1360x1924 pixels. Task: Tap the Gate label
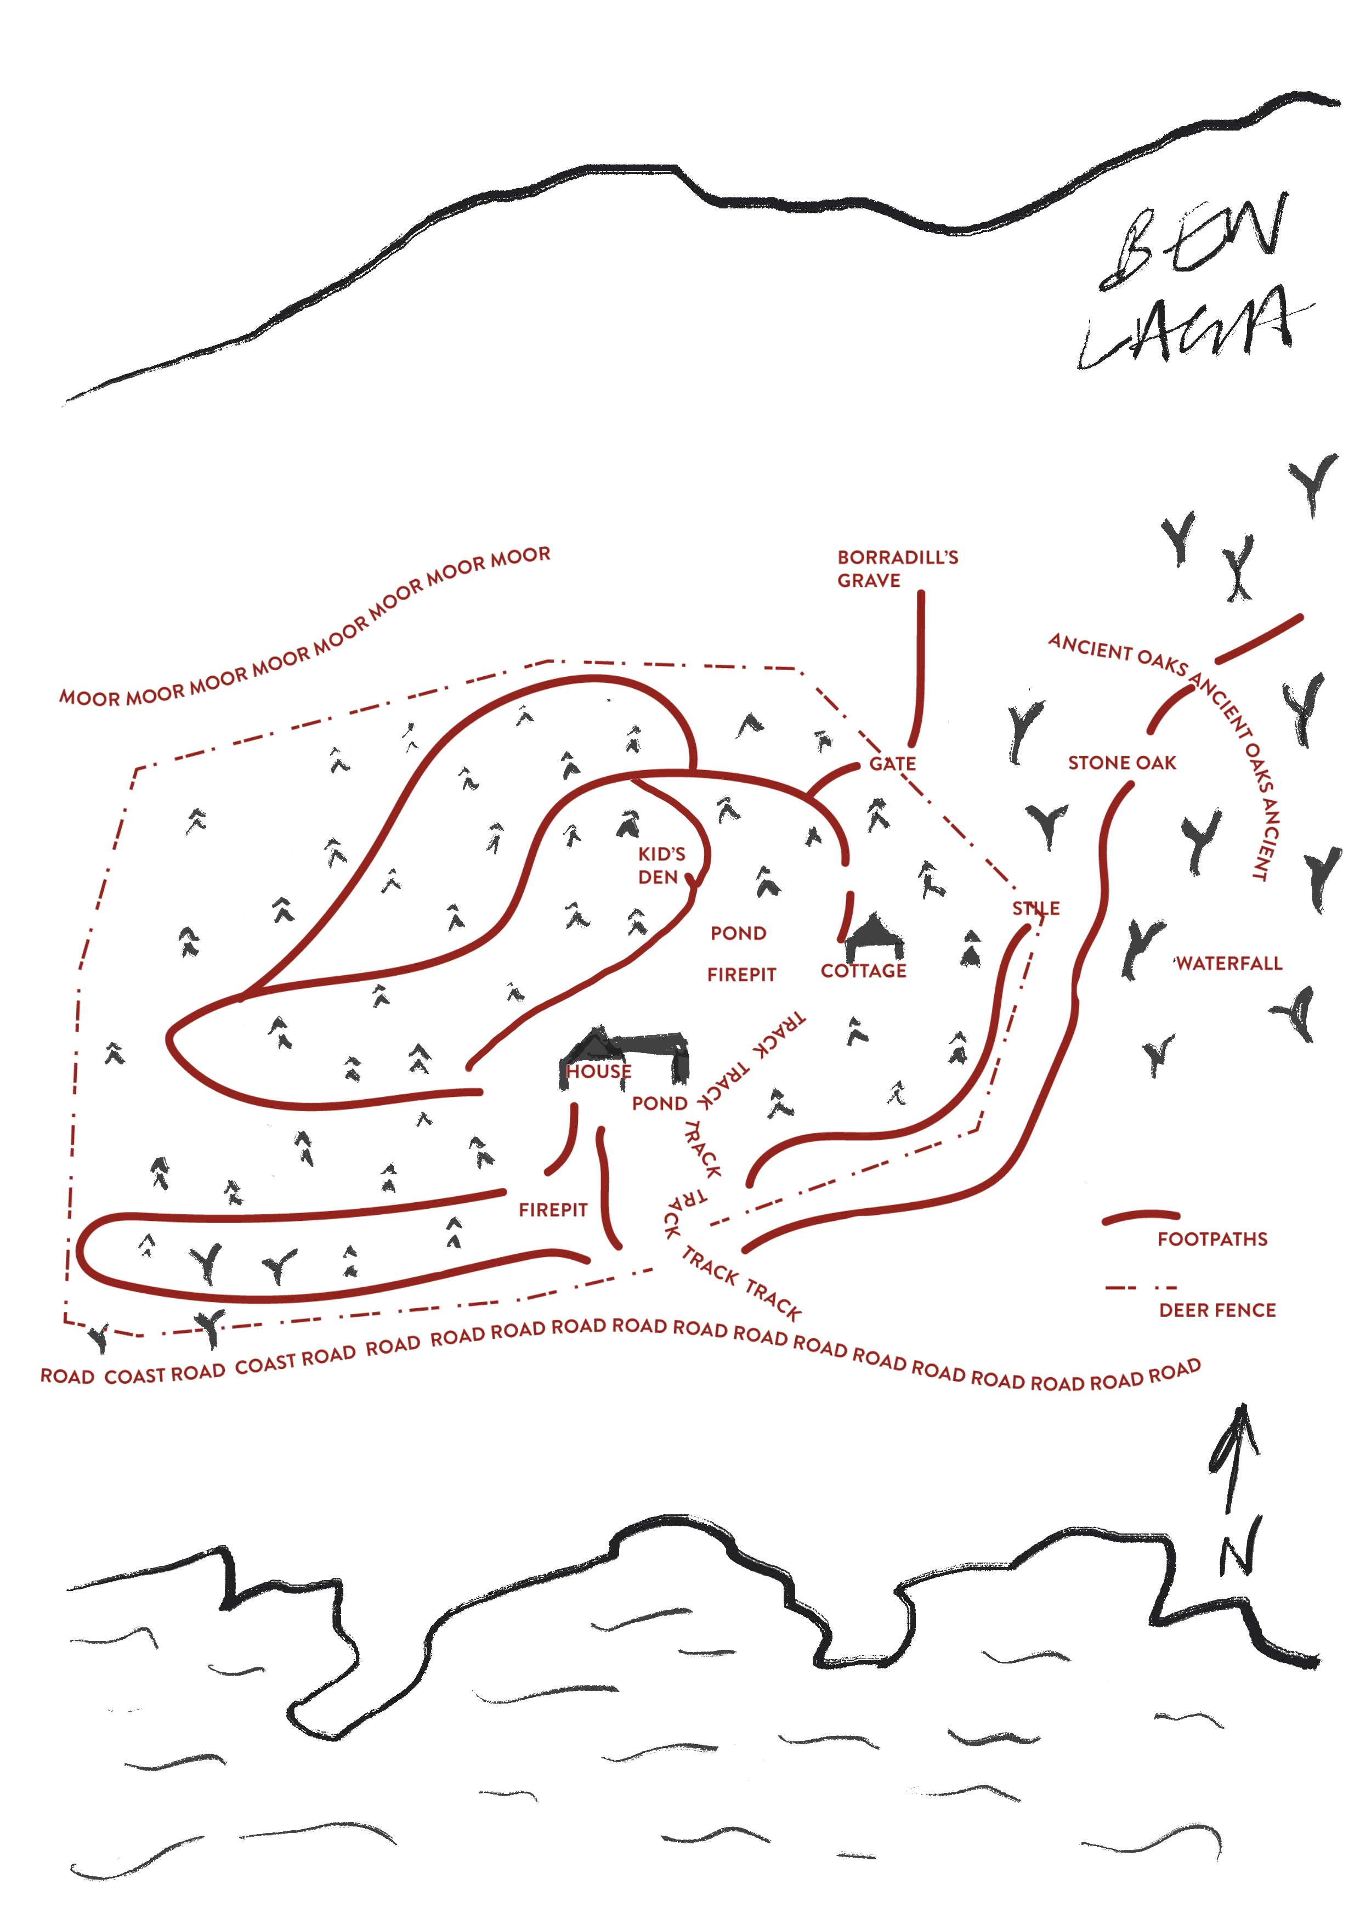tap(892, 763)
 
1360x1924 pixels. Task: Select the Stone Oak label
tap(1121, 762)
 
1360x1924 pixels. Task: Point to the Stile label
tap(1036, 908)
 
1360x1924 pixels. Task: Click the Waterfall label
tap(1228, 964)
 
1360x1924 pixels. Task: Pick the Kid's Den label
tap(661, 865)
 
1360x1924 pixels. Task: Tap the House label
tap(598, 1071)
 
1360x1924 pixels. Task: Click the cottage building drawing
tap(874, 938)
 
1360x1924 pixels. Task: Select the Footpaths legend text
tap(1212, 1240)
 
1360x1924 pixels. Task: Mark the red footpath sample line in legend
tap(1141, 1216)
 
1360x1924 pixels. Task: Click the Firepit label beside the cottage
tap(741, 975)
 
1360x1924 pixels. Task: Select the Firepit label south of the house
tap(553, 1210)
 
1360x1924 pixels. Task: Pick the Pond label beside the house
tap(660, 1104)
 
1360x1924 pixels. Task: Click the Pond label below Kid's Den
tap(738, 933)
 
